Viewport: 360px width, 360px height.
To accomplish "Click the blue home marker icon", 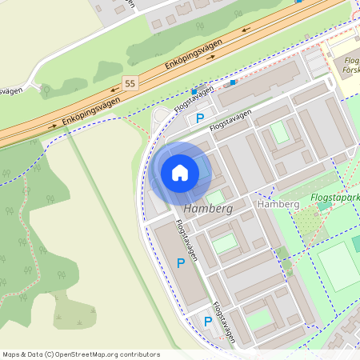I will click(x=180, y=172).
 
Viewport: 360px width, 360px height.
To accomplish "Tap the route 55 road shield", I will click(x=130, y=82).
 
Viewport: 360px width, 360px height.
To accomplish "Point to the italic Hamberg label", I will click(x=207, y=208).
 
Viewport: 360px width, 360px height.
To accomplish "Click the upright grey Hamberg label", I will click(x=278, y=206).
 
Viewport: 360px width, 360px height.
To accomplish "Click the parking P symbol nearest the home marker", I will click(x=199, y=118).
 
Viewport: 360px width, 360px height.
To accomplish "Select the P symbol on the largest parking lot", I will click(x=181, y=262).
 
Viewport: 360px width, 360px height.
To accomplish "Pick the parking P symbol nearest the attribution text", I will click(x=208, y=322).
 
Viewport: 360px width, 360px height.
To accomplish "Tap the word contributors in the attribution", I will click(x=138, y=354).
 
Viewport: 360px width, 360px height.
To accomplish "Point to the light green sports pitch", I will click(x=338, y=266).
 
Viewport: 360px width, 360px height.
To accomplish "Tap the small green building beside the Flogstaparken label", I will click(x=324, y=206).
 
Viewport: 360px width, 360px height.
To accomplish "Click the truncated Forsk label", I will click(x=350, y=69).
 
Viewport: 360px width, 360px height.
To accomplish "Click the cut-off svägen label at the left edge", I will click(x=10, y=90).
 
